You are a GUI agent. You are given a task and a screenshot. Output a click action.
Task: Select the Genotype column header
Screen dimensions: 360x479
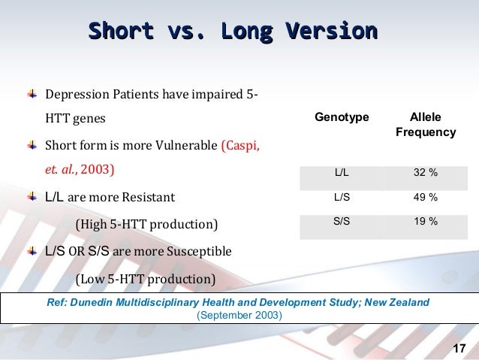point(341,118)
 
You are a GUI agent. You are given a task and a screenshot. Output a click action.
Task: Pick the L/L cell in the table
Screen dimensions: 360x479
point(341,174)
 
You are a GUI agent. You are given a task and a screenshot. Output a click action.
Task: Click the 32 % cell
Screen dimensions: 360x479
point(426,174)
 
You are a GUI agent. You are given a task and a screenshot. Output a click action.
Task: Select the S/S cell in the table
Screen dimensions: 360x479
point(341,222)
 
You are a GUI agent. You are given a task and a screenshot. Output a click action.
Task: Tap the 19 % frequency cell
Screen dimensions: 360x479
point(426,222)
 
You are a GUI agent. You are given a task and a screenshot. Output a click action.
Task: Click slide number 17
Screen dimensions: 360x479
point(460,347)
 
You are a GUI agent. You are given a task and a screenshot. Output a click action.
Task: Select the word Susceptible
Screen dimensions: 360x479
point(195,250)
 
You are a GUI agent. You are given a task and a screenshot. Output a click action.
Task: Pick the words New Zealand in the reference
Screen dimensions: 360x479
point(396,302)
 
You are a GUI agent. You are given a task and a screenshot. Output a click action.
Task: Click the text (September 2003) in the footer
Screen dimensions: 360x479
point(239,315)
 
